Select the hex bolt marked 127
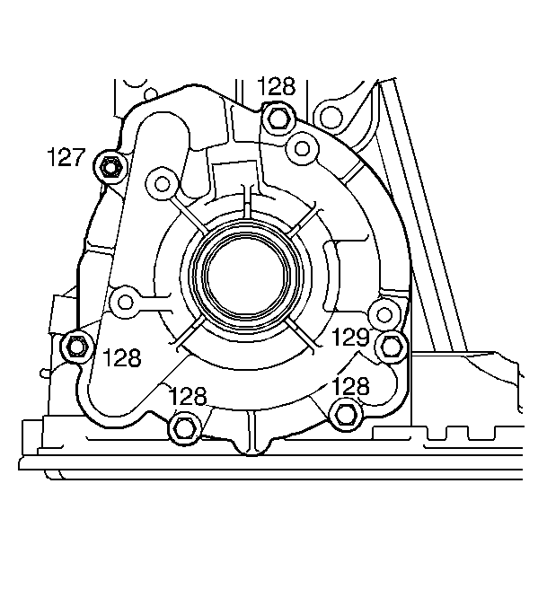[110, 166]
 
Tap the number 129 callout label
[350, 338]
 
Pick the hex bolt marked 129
[391, 344]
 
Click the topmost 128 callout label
[276, 86]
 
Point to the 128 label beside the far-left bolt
[121, 358]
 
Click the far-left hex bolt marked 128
[77, 344]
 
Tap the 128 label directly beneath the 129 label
[349, 386]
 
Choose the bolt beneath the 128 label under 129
[345, 414]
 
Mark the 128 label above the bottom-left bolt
[187, 395]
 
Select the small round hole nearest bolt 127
[162, 184]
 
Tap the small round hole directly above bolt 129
[384, 313]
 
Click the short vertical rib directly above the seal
[245, 202]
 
